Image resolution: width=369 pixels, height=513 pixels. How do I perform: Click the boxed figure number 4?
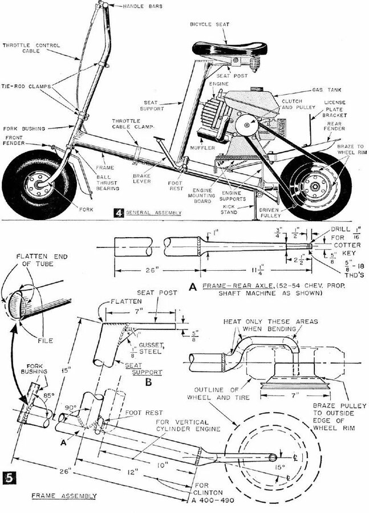click(x=118, y=213)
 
